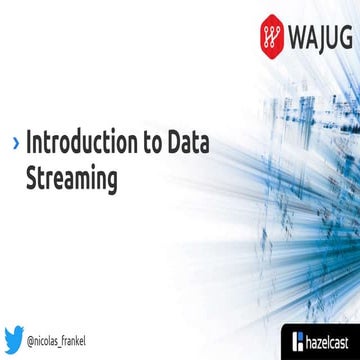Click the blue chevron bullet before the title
(15, 142)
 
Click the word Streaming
(70, 180)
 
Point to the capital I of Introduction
(29, 141)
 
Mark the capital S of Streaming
(31, 180)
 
